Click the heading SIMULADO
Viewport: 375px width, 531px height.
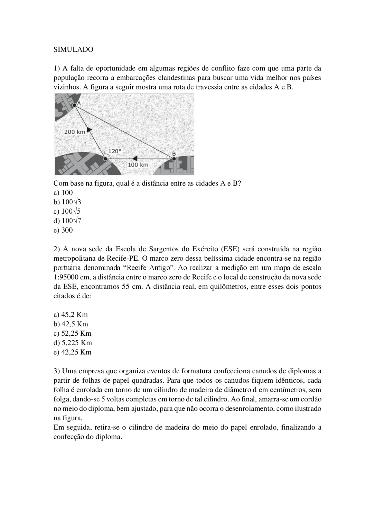[x=73, y=50]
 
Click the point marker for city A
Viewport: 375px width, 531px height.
[x=74, y=105]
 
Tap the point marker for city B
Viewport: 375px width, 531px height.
[x=174, y=159]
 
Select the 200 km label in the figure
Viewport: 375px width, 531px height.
[x=74, y=132]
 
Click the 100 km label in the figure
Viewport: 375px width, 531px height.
[x=138, y=165]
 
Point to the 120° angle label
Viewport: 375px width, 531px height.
[x=115, y=151]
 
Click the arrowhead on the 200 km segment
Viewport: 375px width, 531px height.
[x=89, y=129]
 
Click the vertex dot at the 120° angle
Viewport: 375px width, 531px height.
[x=105, y=159]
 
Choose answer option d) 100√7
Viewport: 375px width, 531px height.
[x=67, y=221]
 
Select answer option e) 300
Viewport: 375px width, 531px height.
[x=63, y=230]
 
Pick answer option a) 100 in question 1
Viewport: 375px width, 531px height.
[x=63, y=193]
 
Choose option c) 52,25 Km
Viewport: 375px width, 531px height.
[x=72, y=333]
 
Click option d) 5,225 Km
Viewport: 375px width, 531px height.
[x=73, y=343]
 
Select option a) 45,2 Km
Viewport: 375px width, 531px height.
[x=71, y=315]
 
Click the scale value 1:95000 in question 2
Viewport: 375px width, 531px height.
[x=66, y=277]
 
